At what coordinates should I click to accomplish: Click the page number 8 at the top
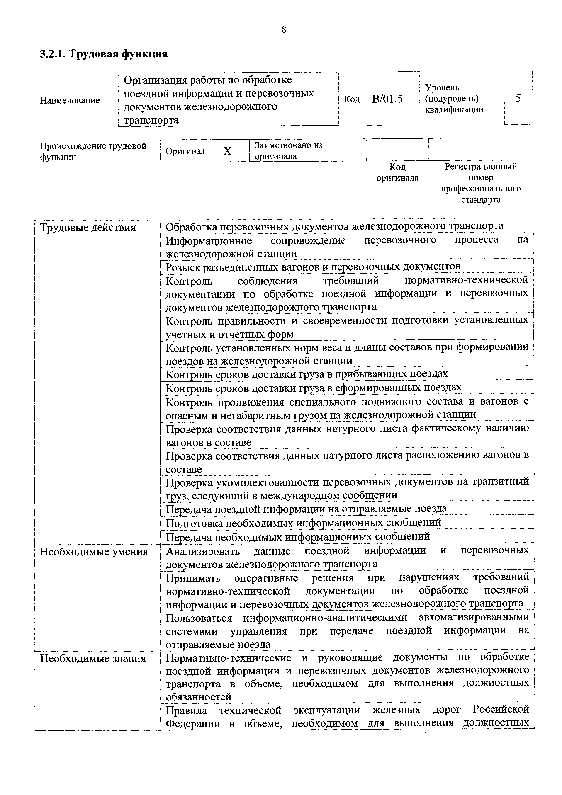pos(284,30)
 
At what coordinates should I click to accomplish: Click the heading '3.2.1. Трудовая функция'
pos(104,54)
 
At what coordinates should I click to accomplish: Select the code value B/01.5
pos(387,99)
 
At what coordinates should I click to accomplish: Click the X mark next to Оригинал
pos(227,151)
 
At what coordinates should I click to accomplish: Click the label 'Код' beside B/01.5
pos(351,99)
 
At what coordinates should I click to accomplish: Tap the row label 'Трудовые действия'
pos(88,228)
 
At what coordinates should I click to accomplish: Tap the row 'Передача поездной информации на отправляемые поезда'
pos(306,508)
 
